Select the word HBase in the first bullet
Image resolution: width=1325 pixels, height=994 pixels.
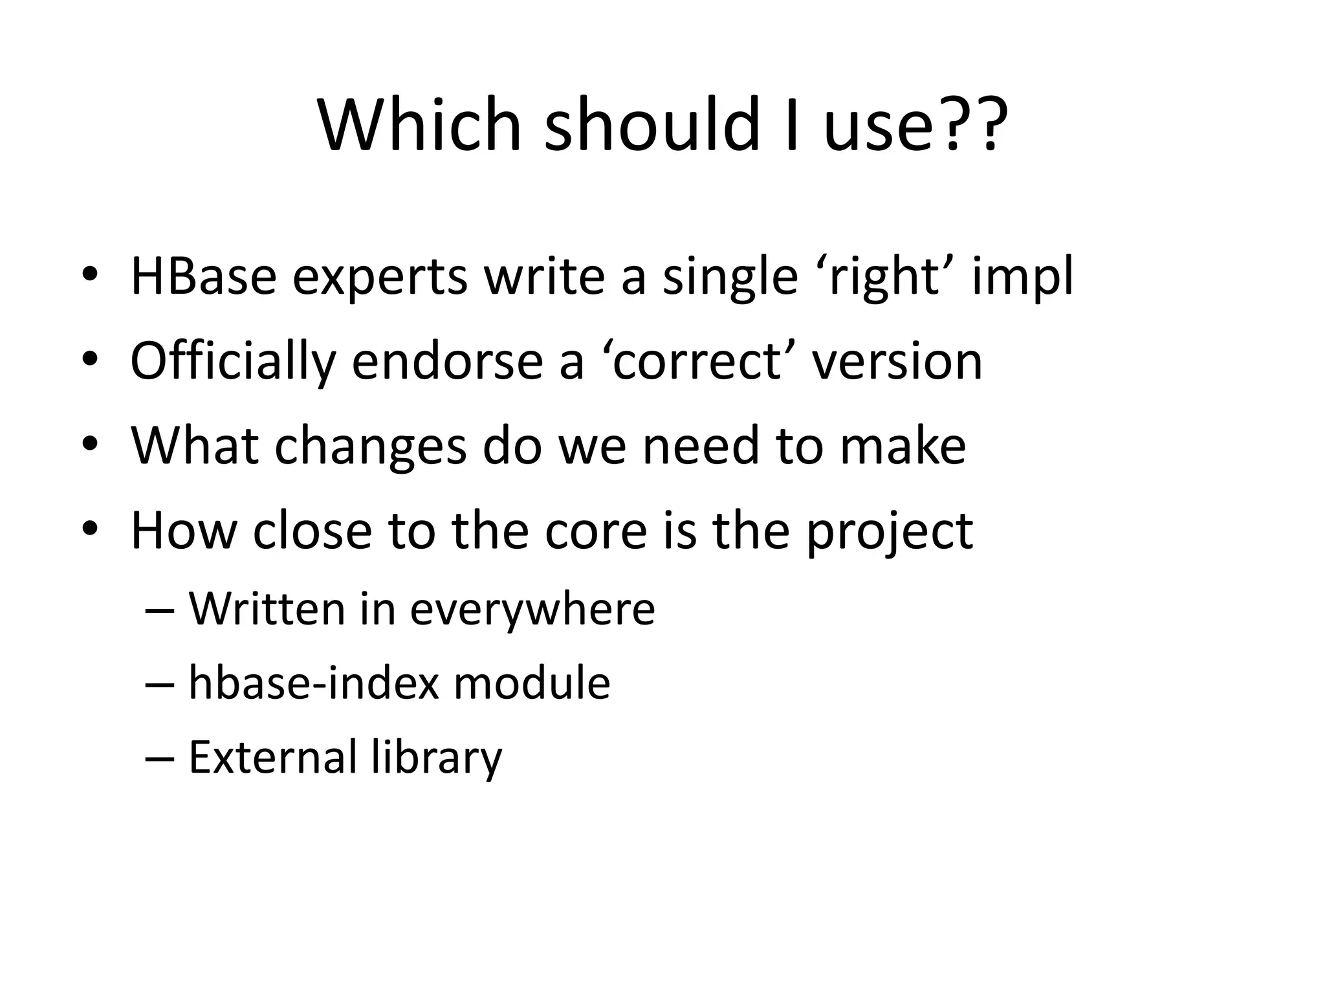(203, 276)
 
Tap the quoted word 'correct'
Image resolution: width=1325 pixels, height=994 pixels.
(699, 361)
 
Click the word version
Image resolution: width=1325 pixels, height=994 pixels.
(897, 361)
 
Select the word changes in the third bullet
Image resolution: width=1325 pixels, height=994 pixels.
(370, 447)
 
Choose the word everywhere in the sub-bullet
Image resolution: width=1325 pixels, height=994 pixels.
(532, 610)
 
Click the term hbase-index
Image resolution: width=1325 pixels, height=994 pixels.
(314, 683)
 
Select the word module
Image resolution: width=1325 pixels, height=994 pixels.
(531, 683)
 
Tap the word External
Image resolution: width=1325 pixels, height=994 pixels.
(272, 757)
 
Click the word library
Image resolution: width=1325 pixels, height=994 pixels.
(437, 758)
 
